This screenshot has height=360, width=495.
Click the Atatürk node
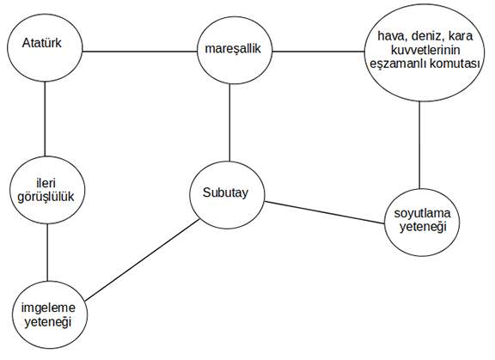coord(45,47)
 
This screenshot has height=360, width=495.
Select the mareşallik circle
coord(235,50)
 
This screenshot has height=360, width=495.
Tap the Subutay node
coord(227,195)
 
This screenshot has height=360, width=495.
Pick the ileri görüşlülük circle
coord(47,190)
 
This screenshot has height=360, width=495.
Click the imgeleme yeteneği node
coord(50,314)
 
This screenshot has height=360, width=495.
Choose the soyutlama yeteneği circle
coord(422,223)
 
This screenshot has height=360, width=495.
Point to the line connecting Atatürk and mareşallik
coord(139,52)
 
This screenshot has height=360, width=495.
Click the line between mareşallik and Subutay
coord(229,122)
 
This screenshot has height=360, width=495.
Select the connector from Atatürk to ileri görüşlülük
coord(45,119)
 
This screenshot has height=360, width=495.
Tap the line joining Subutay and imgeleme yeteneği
coord(143,259)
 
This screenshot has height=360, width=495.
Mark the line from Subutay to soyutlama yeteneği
coord(325,213)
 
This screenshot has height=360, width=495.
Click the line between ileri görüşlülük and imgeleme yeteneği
coord(47,253)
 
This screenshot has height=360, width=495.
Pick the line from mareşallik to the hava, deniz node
coord(318,52)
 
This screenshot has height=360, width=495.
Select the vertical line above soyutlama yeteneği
coord(419,145)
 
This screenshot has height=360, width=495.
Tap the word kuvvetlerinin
coord(425,50)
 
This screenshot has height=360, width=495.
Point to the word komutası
coord(455,64)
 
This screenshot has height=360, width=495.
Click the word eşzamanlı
coord(399,64)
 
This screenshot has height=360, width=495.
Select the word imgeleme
coord(48,308)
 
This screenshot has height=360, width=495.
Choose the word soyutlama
coord(422,214)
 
